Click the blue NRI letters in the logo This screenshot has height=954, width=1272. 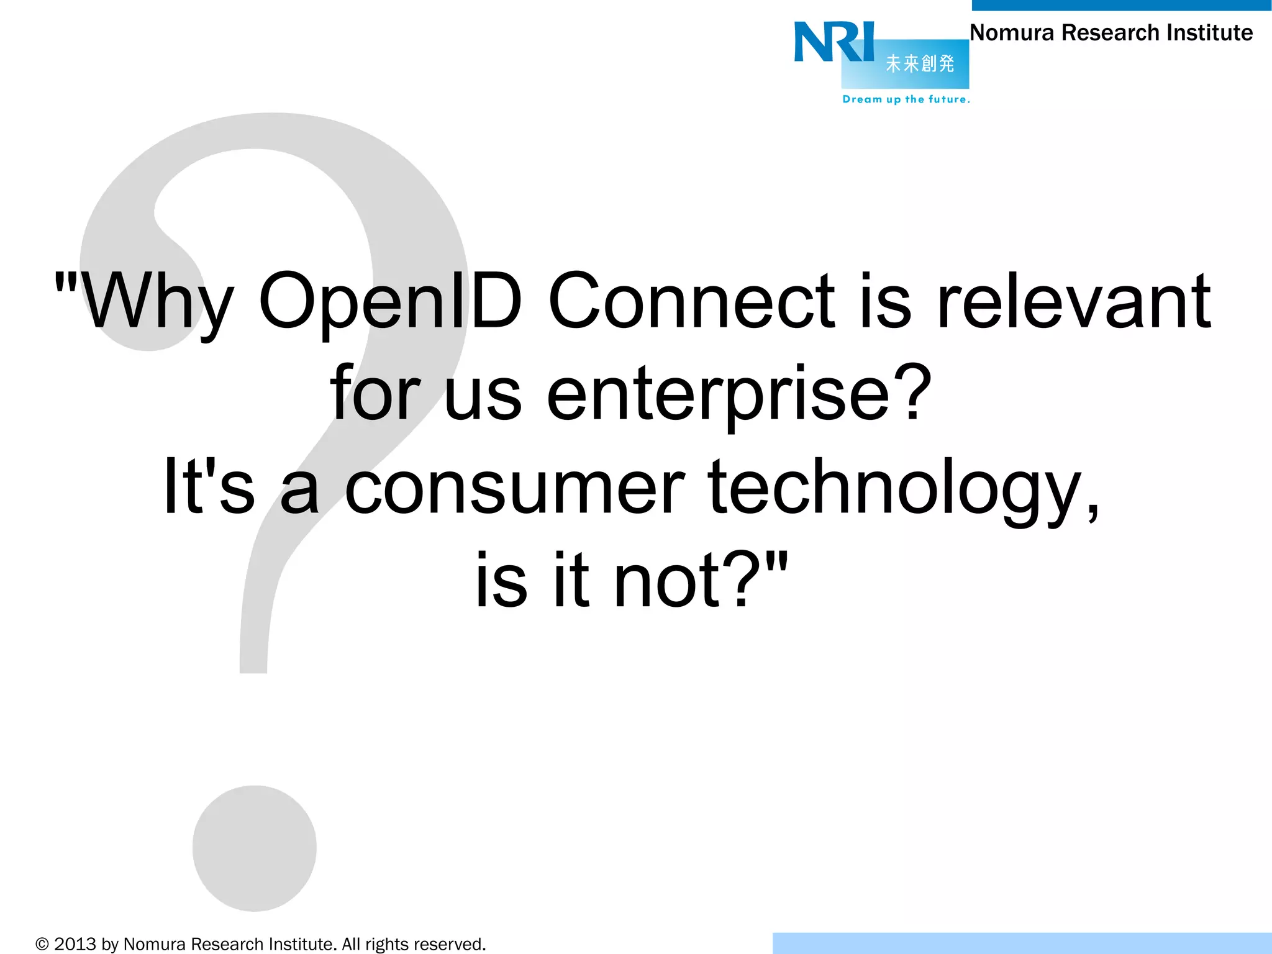tap(834, 42)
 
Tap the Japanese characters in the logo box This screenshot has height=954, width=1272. tap(919, 63)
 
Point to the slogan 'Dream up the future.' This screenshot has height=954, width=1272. tap(906, 99)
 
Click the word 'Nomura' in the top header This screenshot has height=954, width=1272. tap(1012, 33)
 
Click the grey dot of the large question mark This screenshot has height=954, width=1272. tap(254, 848)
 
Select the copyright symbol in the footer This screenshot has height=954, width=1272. tap(42, 945)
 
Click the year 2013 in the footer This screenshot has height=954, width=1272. tap(75, 945)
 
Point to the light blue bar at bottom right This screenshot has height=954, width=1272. tap(1022, 943)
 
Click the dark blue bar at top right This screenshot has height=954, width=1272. tap(1121, 5)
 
